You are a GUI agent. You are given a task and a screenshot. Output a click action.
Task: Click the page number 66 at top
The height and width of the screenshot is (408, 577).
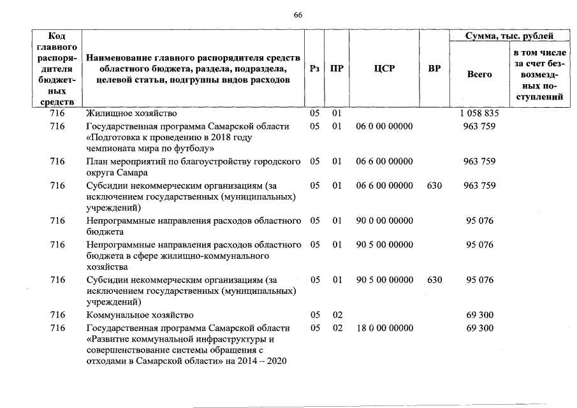[297, 15]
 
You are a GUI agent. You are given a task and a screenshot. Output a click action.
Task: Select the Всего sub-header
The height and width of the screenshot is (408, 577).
[479, 75]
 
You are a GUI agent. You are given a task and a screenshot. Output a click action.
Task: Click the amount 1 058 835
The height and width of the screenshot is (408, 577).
[479, 113]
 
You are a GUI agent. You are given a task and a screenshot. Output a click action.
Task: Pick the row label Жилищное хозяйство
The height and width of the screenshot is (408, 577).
[131, 113]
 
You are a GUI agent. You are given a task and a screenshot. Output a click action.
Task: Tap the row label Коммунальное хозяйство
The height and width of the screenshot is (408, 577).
[140, 315]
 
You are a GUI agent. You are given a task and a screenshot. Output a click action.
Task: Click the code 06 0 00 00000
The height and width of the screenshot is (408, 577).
[384, 126]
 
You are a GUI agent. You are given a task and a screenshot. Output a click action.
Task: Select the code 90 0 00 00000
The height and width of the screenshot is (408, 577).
[384, 221]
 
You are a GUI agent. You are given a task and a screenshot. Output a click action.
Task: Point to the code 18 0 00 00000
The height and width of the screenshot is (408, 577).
[384, 328]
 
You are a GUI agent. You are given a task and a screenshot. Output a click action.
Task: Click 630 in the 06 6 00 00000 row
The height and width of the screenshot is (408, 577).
[434, 185]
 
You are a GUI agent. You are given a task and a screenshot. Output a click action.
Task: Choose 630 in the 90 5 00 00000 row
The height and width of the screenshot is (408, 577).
[434, 279]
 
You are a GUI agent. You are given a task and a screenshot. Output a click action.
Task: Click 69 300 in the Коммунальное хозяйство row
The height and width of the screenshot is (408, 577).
[479, 315]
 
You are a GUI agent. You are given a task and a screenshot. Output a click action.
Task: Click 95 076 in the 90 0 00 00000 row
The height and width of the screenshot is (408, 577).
[479, 221]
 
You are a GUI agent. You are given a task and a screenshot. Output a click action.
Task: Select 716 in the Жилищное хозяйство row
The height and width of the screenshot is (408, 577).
[57, 113]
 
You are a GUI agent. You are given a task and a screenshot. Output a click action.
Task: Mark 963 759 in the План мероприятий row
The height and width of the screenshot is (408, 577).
[479, 161]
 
